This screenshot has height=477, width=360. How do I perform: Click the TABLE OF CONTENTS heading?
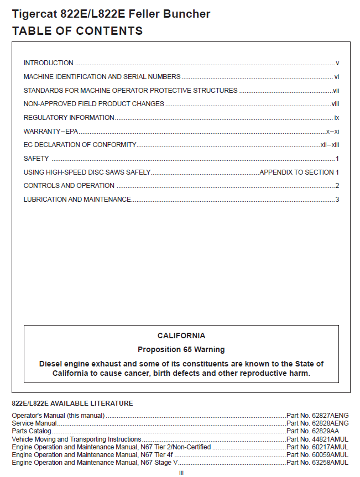[x=77, y=31]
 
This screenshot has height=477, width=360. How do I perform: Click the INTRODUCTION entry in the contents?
[x=49, y=63]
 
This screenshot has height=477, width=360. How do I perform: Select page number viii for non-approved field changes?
[x=335, y=104]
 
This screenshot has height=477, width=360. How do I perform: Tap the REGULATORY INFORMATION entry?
[x=69, y=118]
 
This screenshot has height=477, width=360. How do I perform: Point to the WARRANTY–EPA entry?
[x=51, y=131]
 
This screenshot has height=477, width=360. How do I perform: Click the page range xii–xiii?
[x=330, y=145]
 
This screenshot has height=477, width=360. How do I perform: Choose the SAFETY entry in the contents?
[x=36, y=159]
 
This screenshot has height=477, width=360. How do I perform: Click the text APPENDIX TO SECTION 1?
[x=299, y=172]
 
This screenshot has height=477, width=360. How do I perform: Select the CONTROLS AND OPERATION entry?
[x=69, y=186]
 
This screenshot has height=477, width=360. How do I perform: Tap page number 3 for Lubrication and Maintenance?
[x=337, y=200]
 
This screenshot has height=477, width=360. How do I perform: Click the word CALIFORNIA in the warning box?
[x=181, y=336]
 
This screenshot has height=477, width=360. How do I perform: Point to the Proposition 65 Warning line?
[x=181, y=349]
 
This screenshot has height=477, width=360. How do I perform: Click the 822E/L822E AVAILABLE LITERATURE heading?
[x=72, y=403]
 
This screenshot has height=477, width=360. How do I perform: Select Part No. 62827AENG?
[x=317, y=415]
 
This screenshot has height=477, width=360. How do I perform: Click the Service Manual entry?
[x=34, y=423]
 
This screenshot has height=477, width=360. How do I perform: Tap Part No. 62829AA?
[x=313, y=431]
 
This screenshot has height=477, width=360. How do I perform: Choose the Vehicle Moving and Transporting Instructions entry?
[x=76, y=439]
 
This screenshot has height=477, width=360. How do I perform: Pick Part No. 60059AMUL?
[x=317, y=454]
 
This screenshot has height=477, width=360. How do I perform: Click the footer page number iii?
[x=181, y=473]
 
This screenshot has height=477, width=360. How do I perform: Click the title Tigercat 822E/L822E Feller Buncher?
[x=111, y=14]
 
